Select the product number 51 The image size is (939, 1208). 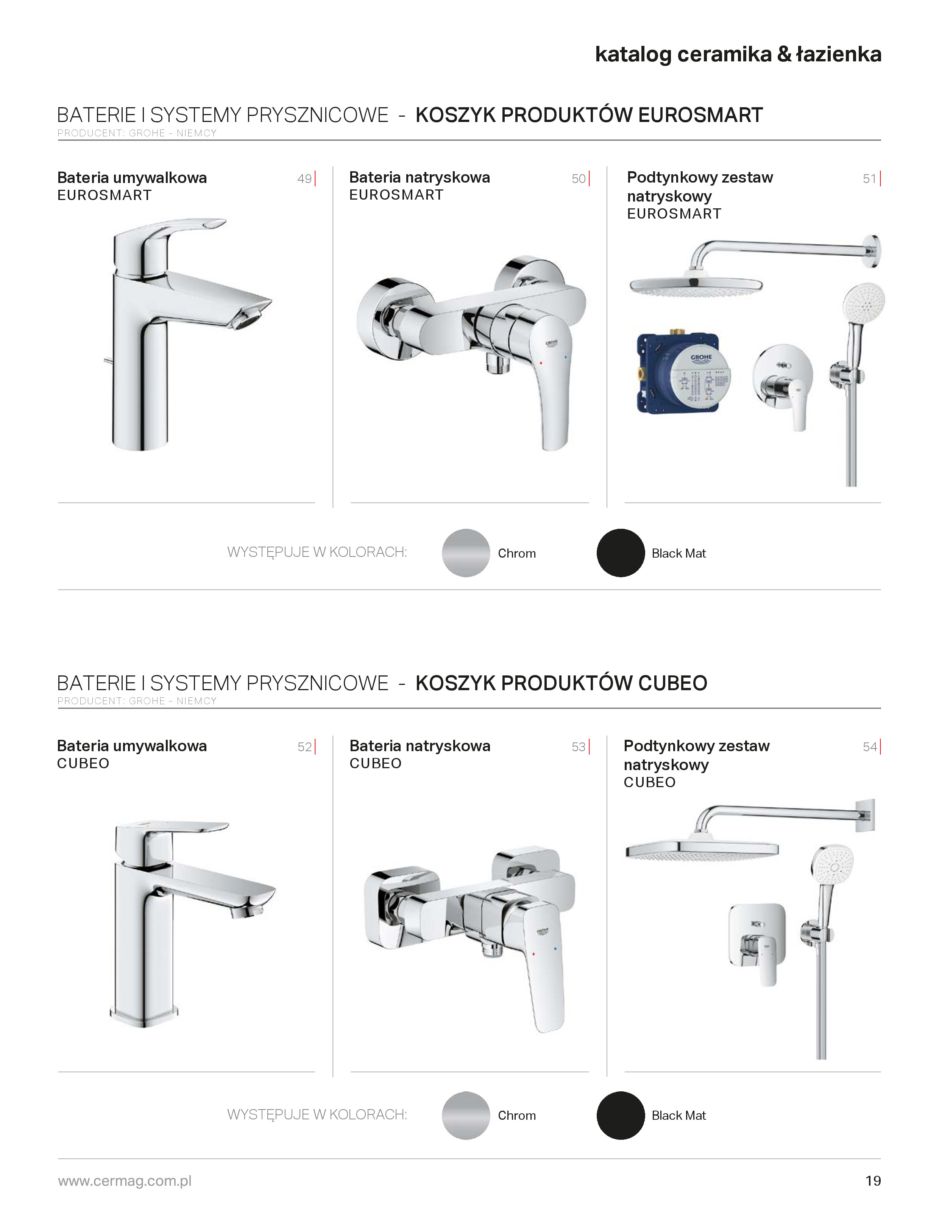870,179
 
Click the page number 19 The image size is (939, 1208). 873,1181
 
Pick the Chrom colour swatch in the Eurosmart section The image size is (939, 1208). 466,553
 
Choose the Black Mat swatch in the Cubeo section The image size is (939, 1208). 621,1115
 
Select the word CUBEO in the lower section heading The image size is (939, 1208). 672,683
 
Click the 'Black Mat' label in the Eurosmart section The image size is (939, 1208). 679,553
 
